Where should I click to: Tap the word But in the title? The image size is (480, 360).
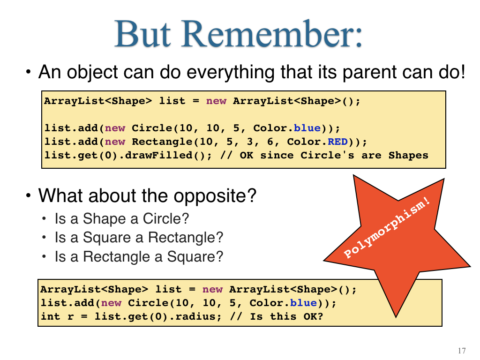tap(142, 34)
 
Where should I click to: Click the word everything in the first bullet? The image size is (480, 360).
tap(231, 72)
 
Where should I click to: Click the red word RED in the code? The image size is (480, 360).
tap(337, 142)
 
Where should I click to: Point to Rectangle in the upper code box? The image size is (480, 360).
tap(162, 142)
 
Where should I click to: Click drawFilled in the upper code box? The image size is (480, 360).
tap(158, 155)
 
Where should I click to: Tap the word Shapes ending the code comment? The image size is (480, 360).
tap(408, 156)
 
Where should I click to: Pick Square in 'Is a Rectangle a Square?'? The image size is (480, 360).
tap(191, 257)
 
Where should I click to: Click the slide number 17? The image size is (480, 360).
tap(462, 351)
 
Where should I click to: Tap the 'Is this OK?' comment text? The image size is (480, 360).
tap(286, 316)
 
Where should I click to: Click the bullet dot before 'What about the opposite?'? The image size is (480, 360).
tap(29, 195)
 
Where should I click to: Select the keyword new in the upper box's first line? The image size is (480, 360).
tap(216, 101)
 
